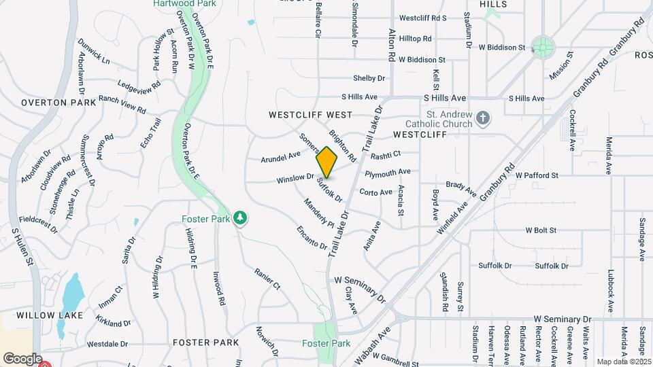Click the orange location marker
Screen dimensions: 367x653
coord(327,162)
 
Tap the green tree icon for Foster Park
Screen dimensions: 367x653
coord(239,217)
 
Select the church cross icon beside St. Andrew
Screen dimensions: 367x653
coord(483,119)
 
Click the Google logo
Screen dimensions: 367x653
coord(22,358)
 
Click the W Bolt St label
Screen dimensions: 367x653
coord(540,231)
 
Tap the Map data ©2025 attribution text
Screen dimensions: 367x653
coord(623,362)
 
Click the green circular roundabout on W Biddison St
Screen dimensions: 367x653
coord(543,48)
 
